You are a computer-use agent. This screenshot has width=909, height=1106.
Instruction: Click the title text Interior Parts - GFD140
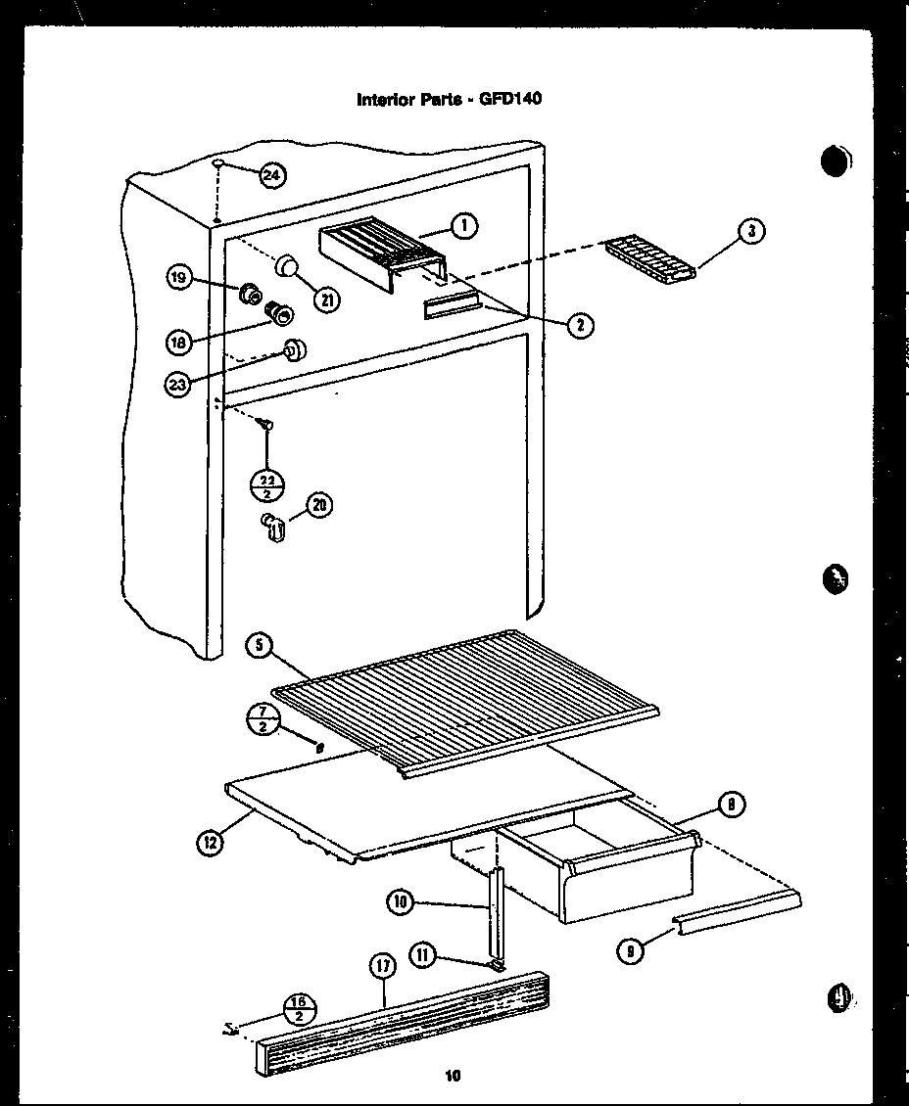point(450,98)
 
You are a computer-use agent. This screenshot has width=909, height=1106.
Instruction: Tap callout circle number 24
point(271,175)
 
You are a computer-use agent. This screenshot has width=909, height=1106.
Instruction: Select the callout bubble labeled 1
point(463,225)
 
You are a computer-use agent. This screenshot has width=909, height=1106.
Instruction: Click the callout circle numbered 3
point(749,231)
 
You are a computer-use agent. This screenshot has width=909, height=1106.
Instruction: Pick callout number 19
point(178,279)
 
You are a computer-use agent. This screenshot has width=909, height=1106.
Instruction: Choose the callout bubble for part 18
point(178,342)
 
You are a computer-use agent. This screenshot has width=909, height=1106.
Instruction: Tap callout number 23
point(178,384)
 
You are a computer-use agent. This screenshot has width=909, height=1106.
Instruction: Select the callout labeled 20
point(319,505)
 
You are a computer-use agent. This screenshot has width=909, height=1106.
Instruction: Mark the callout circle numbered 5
point(260,646)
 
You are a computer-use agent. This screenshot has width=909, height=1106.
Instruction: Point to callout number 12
point(210,841)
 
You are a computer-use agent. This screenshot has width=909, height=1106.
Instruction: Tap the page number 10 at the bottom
point(452,1077)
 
